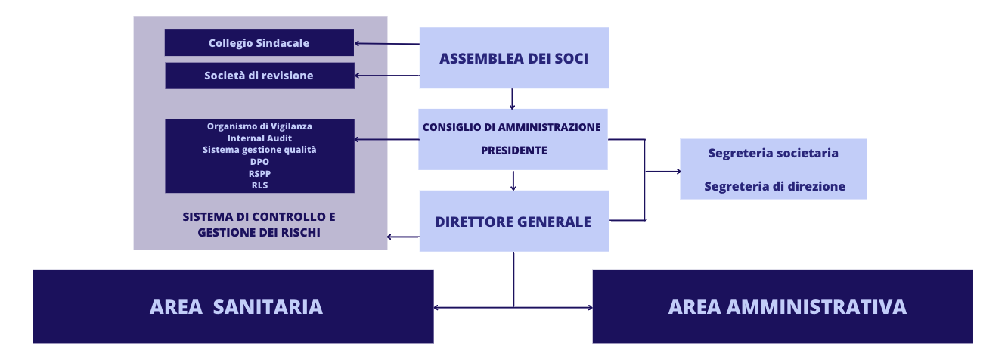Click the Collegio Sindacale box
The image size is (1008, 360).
(x=259, y=43)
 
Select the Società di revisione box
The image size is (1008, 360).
(x=259, y=76)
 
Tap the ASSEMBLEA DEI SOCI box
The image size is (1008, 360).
(x=514, y=58)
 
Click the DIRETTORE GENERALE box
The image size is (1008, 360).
(x=514, y=221)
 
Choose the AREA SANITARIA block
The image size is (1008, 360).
(x=233, y=307)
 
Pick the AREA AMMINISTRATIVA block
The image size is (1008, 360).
(x=783, y=307)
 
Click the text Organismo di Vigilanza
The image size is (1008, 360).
(x=259, y=126)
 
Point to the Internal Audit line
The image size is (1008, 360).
(x=259, y=138)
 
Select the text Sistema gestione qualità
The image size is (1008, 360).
(x=259, y=150)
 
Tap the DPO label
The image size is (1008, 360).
(x=259, y=162)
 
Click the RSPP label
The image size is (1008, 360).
(x=259, y=173)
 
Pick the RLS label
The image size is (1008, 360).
(x=259, y=185)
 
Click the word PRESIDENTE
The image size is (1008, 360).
(x=514, y=151)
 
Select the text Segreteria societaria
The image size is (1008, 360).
(x=773, y=153)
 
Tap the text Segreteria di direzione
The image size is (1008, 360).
(x=774, y=186)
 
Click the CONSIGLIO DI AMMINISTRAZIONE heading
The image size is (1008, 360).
(x=512, y=127)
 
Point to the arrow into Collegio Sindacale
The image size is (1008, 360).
(x=387, y=44)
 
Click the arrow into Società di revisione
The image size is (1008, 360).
(x=387, y=76)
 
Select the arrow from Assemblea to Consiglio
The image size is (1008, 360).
(x=512, y=99)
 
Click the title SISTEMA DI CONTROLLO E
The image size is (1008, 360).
(x=259, y=217)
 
